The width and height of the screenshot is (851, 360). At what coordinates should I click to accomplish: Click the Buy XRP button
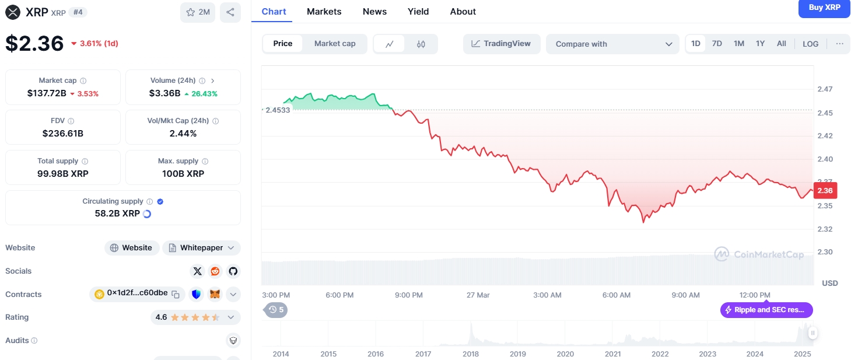click(x=824, y=8)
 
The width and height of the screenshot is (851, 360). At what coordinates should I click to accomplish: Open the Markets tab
click(x=324, y=12)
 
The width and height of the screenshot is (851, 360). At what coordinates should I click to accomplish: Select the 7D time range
click(x=716, y=44)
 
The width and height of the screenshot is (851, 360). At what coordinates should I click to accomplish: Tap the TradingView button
click(x=502, y=44)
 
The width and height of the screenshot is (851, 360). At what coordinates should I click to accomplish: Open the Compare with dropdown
click(x=612, y=44)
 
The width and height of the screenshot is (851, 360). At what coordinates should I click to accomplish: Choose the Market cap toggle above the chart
click(x=335, y=44)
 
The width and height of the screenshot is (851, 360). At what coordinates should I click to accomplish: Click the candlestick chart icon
click(x=421, y=44)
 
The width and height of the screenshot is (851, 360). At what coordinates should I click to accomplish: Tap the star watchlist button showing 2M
click(x=198, y=12)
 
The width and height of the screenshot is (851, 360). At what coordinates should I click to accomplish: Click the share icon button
click(x=230, y=12)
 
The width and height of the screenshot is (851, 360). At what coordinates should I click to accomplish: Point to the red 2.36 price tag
click(x=825, y=190)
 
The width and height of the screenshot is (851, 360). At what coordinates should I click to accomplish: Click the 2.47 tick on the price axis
click(x=825, y=89)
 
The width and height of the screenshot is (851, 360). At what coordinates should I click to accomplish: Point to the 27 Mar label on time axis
click(x=478, y=295)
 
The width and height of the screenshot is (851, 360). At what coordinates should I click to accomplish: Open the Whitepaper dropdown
click(x=201, y=248)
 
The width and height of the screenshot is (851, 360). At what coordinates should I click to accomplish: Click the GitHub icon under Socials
click(x=233, y=271)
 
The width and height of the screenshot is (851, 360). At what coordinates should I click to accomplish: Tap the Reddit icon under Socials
click(x=215, y=271)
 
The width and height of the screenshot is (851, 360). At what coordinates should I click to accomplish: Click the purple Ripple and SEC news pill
click(x=766, y=310)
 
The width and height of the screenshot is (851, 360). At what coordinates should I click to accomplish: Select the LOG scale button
click(x=810, y=44)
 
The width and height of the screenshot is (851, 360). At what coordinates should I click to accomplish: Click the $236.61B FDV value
click(x=62, y=134)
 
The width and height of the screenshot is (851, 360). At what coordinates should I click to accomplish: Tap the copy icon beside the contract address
click(x=176, y=294)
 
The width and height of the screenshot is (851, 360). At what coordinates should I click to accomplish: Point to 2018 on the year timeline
click(x=470, y=354)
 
